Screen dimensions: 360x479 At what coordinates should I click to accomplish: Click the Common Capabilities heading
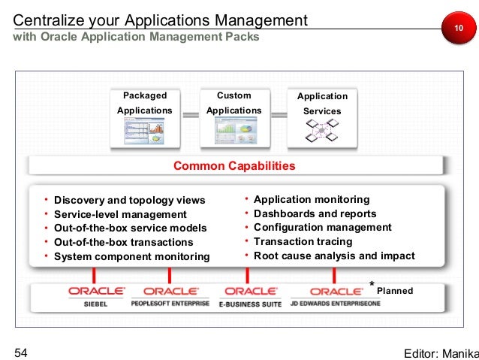pyautogui.click(x=234, y=165)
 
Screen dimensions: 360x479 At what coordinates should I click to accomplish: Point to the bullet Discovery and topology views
pyautogui.click(x=129, y=200)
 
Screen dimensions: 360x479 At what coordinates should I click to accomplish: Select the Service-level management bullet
pyautogui.click(x=120, y=214)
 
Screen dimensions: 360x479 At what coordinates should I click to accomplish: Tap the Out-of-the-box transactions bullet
pyautogui.click(x=123, y=242)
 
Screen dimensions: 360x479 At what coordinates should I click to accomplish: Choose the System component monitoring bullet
pyautogui.click(x=131, y=256)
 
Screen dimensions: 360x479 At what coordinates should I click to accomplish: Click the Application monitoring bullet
pyautogui.click(x=312, y=199)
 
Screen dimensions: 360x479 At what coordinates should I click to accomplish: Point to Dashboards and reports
pyautogui.click(x=315, y=213)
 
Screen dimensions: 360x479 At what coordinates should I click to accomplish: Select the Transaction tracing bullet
pyautogui.click(x=303, y=241)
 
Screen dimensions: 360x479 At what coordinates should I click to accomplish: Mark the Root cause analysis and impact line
pyautogui.click(x=334, y=256)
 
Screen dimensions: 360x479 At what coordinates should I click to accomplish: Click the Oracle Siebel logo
pyautogui.click(x=96, y=295)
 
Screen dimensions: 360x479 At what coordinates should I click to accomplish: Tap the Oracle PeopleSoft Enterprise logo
pyautogui.click(x=171, y=295)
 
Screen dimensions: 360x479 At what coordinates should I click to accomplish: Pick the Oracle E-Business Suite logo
pyautogui.click(x=251, y=295)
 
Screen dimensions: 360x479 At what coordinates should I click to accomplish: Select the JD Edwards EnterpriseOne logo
pyautogui.click(x=336, y=295)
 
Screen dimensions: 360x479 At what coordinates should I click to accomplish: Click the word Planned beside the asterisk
pyautogui.click(x=394, y=289)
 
